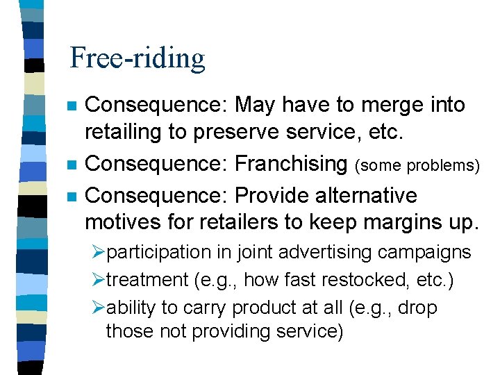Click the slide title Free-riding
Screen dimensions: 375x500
click(x=137, y=58)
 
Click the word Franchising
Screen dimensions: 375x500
click(x=291, y=164)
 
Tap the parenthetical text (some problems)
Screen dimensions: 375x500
click(x=417, y=165)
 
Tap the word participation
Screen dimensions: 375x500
click(x=158, y=253)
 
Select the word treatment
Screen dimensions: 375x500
click(x=147, y=280)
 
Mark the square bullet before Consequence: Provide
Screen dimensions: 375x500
click(x=70, y=197)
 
